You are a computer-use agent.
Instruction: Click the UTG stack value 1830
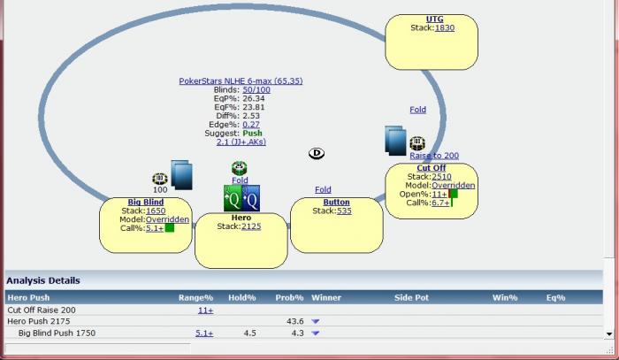click(x=445, y=27)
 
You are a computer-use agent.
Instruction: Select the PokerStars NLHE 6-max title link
click(x=241, y=80)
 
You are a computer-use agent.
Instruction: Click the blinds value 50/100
click(x=256, y=89)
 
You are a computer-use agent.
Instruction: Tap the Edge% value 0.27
click(x=251, y=125)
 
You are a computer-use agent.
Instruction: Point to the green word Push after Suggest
click(x=252, y=133)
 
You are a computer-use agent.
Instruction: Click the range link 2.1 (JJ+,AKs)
click(x=241, y=142)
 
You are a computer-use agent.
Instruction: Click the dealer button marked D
click(x=317, y=153)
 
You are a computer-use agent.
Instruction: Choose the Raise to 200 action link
click(x=434, y=156)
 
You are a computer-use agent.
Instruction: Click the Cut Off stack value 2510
click(x=441, y=176)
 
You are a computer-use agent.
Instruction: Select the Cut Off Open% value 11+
click(x=439, y=194)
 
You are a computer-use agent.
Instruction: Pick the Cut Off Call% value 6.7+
click(x=440, y=203)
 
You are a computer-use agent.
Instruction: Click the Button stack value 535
click(x=344, y=211)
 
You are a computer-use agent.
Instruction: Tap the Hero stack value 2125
click(x=251, y=226)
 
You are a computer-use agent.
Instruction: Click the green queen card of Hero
click(x=233, y=198)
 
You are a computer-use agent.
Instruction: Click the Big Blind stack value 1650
click(x=156, y=211)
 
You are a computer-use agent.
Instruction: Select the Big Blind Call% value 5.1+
click(x=155, y=228)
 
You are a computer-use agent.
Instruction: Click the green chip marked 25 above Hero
click(x=240, y=168)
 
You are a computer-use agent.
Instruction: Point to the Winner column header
click(x=326, y=297)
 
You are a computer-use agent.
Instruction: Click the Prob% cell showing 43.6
click(x=294, y=321)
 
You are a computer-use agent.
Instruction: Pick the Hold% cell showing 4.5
click(x=250, y=333)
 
